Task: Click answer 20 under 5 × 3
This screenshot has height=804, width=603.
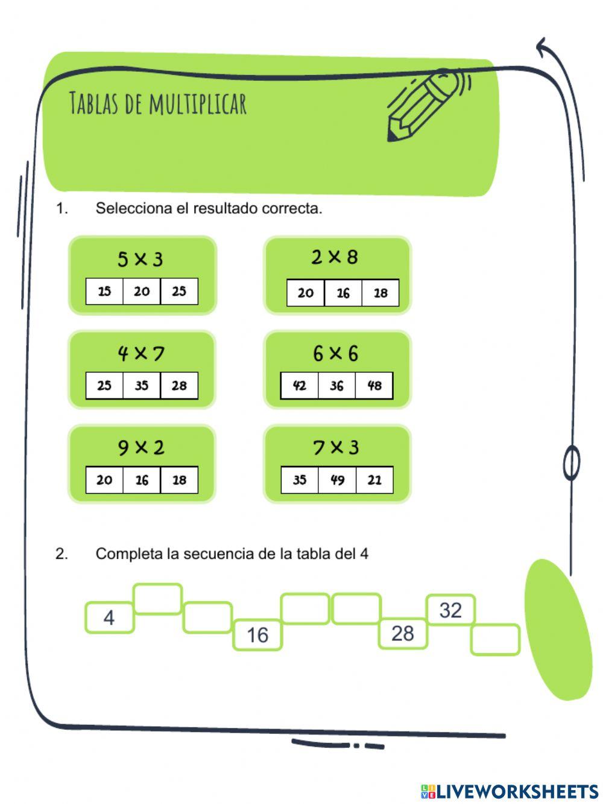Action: coord(142,292)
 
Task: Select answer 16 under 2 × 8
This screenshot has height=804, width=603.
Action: coord(343,293)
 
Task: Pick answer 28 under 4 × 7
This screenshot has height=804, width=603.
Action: coord(179,386)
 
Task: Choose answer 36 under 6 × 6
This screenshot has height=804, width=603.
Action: coord(337,386)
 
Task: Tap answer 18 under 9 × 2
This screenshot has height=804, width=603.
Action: coord(179,480)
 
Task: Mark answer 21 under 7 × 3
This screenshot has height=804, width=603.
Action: coord(374,480)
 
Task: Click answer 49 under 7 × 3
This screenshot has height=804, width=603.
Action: coord(337,480)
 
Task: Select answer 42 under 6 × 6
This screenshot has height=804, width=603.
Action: coord(300,386)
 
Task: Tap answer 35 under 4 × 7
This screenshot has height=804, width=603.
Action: coord(142,386)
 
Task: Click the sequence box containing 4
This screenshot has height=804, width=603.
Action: coord(109,617)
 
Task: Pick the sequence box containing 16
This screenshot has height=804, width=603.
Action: coord(257,635)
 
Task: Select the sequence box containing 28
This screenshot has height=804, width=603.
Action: coord(403,634)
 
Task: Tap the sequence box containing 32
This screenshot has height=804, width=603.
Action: coord(450,610)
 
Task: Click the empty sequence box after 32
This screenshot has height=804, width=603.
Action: coord(495,640)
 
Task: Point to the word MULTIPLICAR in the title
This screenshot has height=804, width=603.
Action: coord(198,103)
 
